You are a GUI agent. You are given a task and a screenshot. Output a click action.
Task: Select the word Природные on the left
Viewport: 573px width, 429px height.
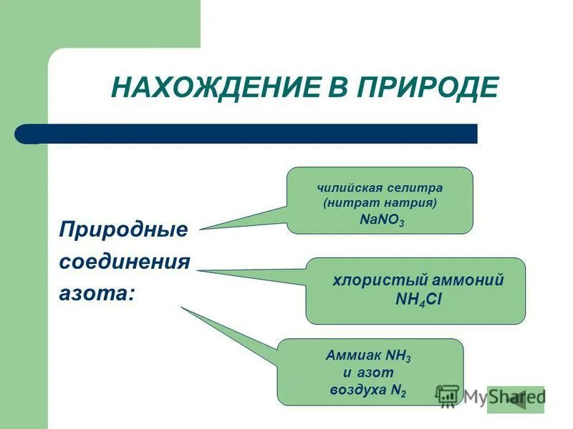tap(122, 230)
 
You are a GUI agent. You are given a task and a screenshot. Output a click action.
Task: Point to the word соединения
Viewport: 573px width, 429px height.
tap(124, 262)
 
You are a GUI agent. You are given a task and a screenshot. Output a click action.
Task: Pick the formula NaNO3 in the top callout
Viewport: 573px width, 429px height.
tap(382, 221)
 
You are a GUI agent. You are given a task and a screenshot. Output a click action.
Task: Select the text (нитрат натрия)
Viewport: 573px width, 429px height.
tap(380, 204)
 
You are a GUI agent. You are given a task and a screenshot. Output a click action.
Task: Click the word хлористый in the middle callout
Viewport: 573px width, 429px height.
tap(369, 280)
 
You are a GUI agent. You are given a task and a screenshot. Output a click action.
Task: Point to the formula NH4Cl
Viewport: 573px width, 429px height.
tap(419, 300)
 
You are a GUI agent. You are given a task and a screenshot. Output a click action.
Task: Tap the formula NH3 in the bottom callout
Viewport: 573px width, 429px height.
tap(398, 355)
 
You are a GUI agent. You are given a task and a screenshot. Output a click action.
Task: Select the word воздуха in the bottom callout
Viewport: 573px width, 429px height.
tap(356, 390)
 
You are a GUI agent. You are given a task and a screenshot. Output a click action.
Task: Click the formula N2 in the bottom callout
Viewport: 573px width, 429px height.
tap(398, 391)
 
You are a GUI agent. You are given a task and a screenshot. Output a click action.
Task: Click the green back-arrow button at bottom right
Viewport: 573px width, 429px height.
tap(516, 399)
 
